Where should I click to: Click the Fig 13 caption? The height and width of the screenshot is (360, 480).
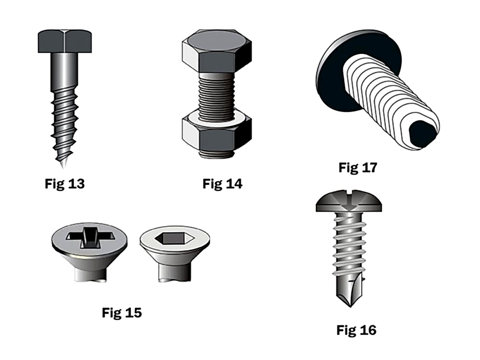tap(65, 184)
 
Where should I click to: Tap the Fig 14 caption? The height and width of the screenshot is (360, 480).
tap(223, 184)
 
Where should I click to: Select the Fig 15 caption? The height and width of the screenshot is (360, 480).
tap(122, 312)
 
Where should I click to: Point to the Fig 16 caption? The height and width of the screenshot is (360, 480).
tap(356, 330)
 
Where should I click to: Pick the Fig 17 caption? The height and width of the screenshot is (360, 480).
tap(358, 168)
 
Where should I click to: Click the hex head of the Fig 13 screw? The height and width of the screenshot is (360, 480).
tap(65, 41)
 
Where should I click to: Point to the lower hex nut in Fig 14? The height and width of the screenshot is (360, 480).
tap(217, 132)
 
